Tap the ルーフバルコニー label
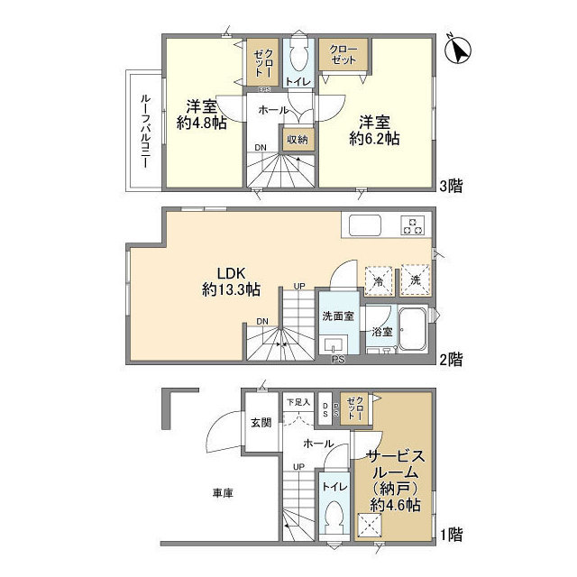click(143, 128)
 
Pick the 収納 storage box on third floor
click(297, 140)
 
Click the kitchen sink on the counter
click(366, 225)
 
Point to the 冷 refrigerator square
click(378, 279)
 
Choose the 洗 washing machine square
click(415, 279)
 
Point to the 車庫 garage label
click(224, 492)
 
